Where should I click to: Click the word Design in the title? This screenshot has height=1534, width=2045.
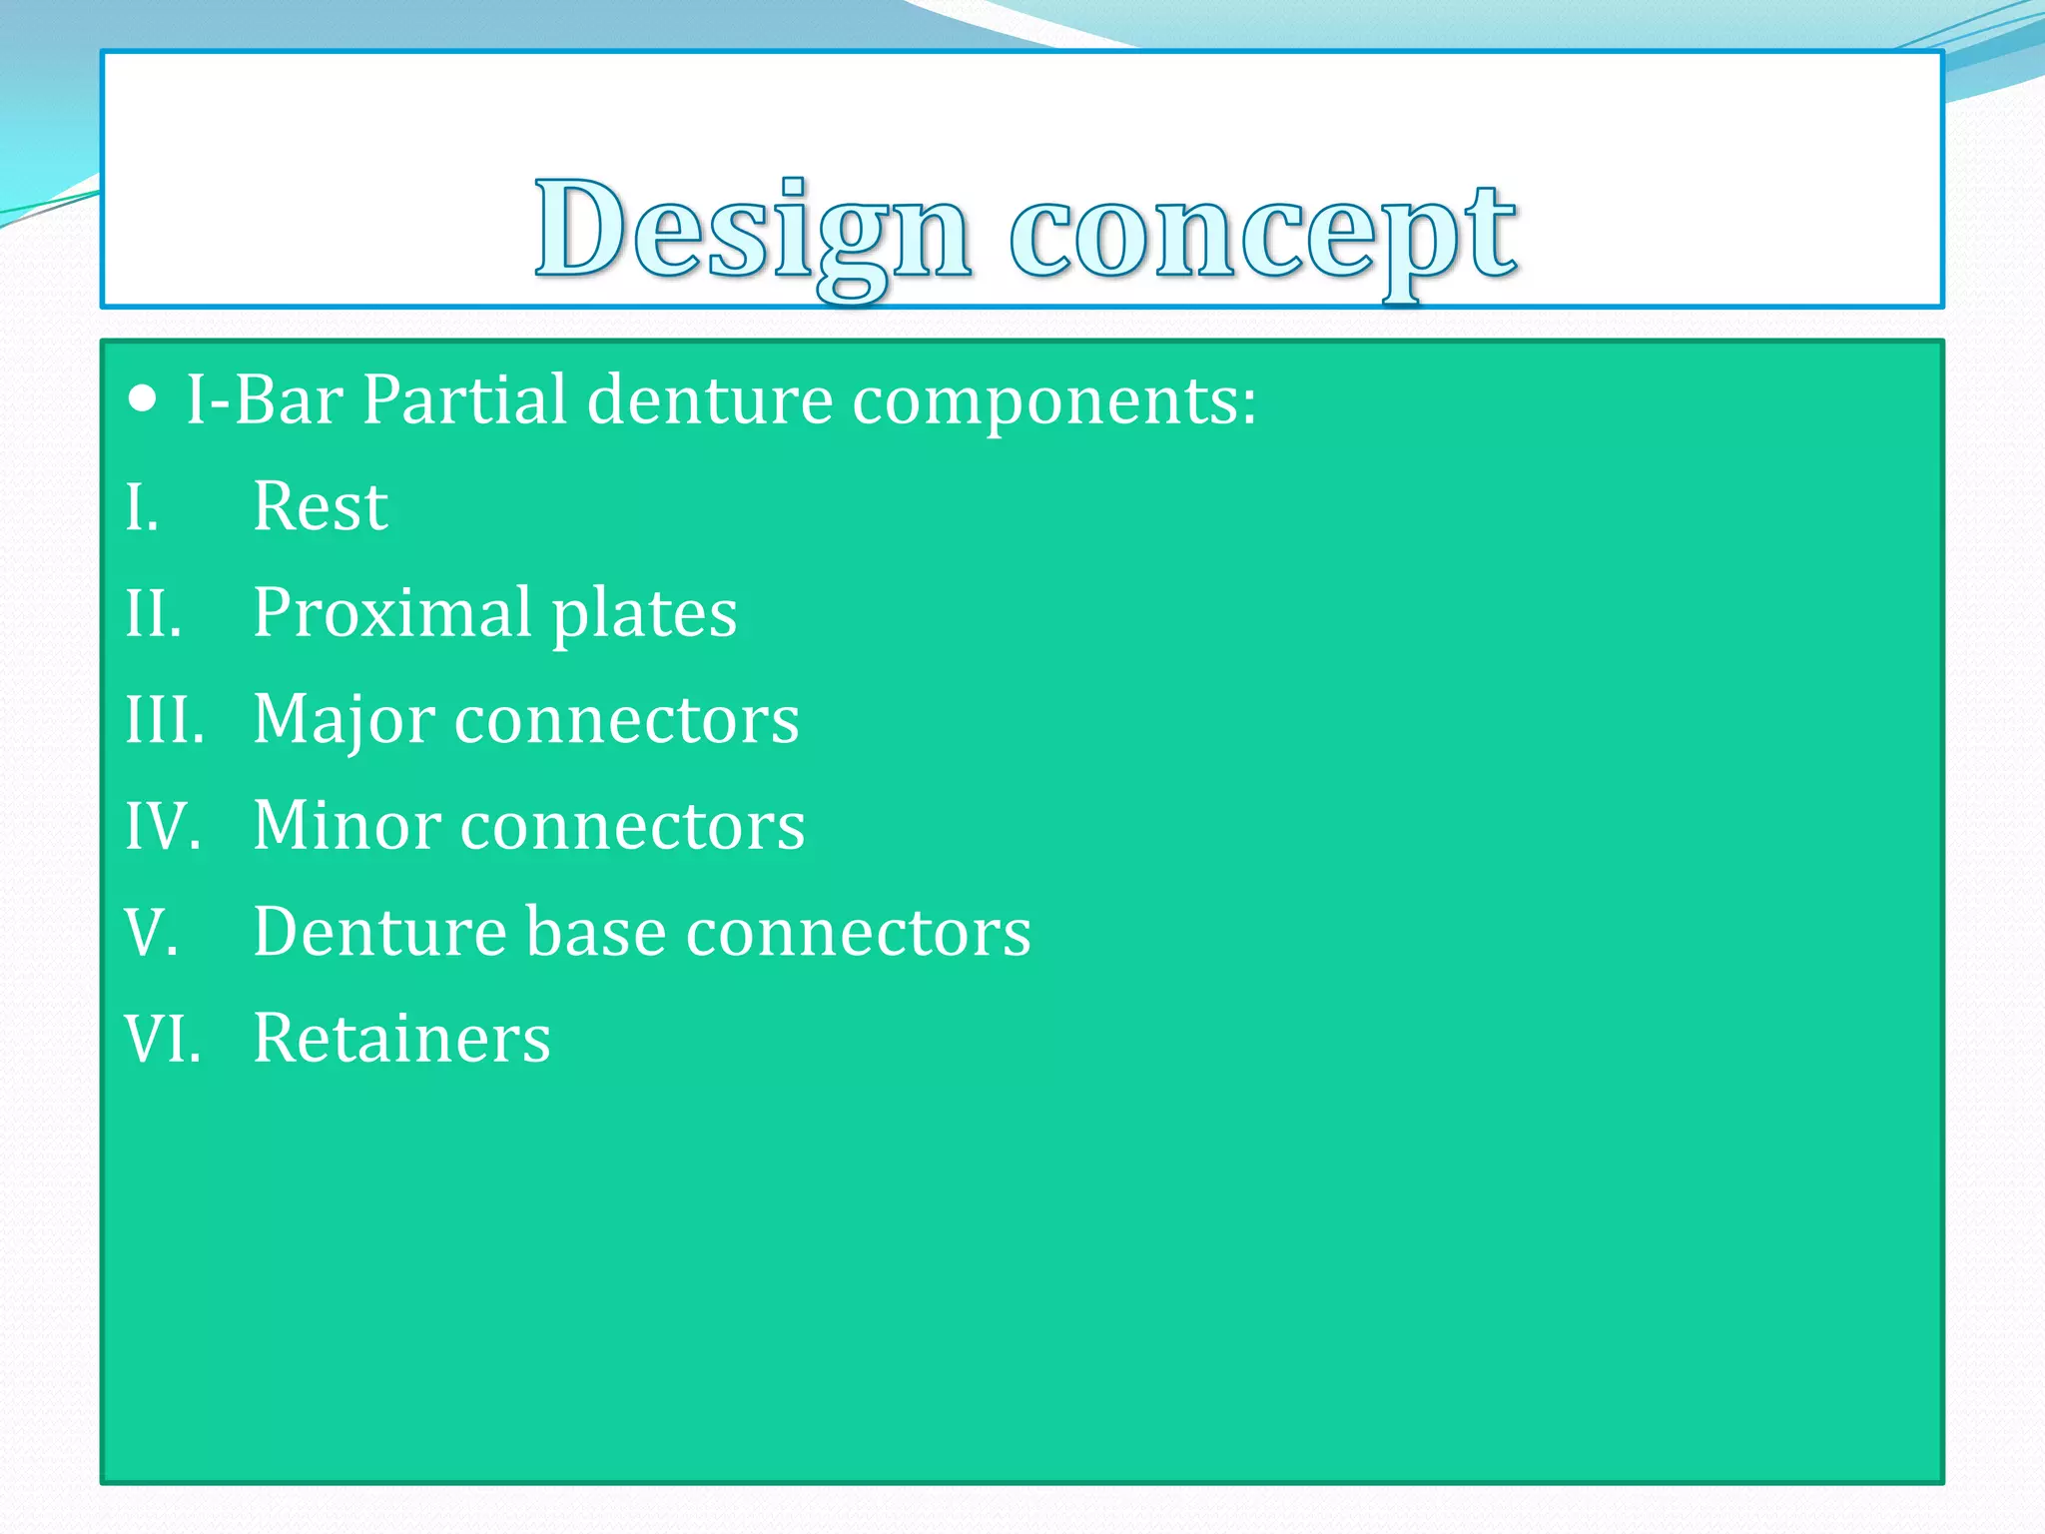752,232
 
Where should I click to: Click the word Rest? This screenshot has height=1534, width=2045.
320,506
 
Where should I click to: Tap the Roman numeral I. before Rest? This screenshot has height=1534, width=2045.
142,507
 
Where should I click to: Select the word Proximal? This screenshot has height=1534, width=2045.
391,612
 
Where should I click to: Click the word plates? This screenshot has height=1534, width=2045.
644,614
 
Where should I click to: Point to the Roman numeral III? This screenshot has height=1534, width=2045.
165,719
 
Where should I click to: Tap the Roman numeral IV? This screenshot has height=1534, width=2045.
163,827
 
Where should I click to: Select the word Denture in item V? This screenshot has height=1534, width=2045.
379,932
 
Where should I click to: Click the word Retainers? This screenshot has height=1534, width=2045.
400,1039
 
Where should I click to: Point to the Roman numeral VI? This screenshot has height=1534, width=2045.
163,1039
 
